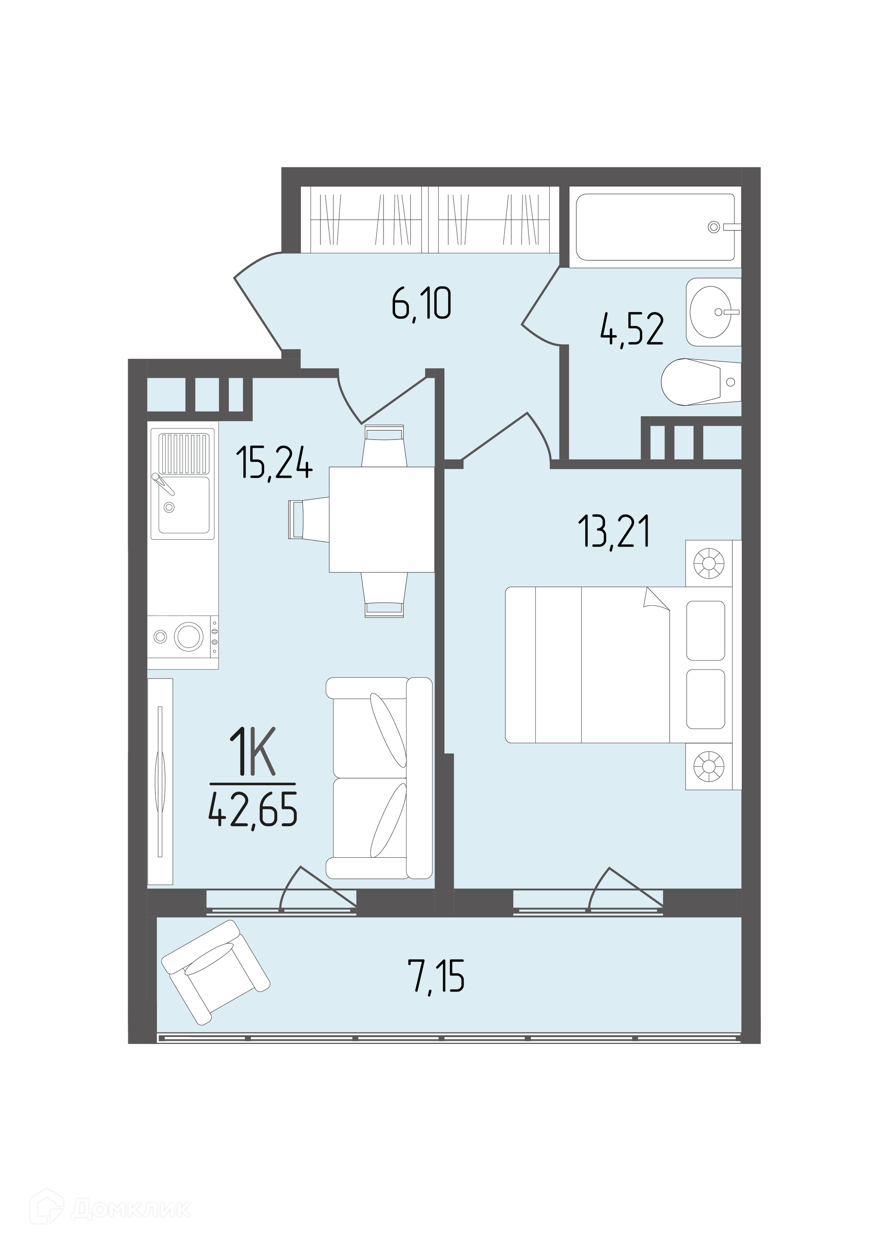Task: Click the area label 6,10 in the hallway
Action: click(421, 306)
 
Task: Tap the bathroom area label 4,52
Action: click(632, 330)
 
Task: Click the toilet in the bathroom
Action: click(701, 382)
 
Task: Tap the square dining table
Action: click(382, 519)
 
